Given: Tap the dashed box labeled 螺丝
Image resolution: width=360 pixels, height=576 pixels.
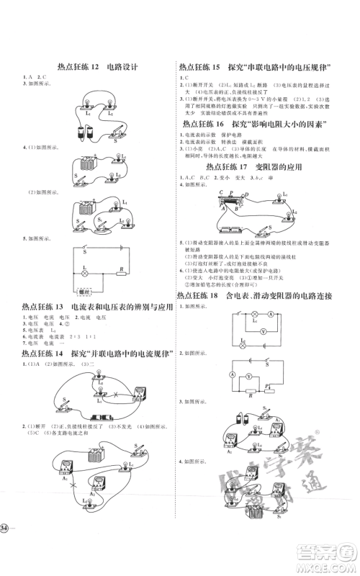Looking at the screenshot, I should click(85, 292).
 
